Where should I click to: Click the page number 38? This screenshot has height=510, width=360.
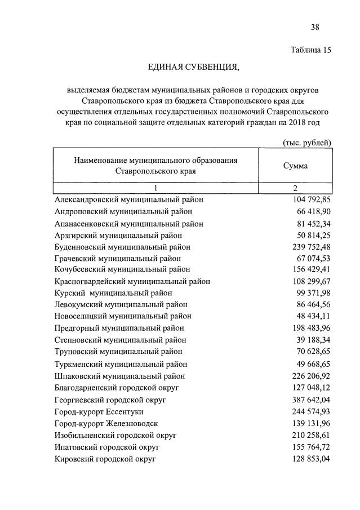(315, 27)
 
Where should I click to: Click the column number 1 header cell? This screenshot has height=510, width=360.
(156, 188)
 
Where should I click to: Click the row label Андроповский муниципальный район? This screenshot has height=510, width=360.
(123, 211)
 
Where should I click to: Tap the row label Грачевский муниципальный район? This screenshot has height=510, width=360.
(118, 258)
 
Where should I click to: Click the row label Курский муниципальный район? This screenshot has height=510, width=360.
(113, 293)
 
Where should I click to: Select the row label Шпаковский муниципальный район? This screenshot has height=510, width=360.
(120, 376)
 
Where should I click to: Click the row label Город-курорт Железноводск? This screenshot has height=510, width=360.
(106, 423)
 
